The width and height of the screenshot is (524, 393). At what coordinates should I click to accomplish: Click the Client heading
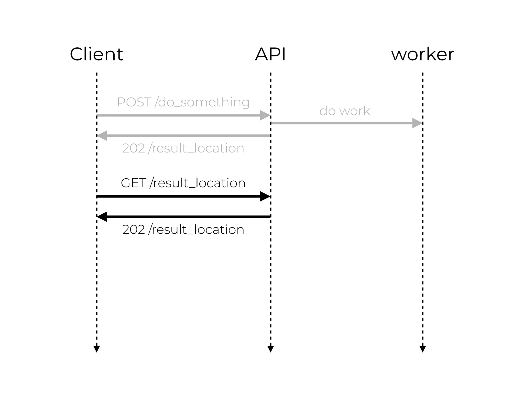tap(96, 54)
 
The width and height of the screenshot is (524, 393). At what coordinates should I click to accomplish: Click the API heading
tap(270, 54)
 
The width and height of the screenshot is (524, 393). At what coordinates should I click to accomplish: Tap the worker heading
tap(422, 54)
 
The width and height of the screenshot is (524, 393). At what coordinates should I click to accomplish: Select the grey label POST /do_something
tap(183, 102)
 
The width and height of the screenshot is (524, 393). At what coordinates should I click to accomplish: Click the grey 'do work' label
tap(345, 111)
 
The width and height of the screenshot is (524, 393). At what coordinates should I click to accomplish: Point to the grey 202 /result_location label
tap(183, 148)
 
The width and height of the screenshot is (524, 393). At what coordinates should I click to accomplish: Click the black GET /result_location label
tap(183, 183)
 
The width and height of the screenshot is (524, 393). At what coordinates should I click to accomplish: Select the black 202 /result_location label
tap(183, 230)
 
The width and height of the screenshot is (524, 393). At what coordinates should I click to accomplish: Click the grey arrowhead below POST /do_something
tap(265, 115)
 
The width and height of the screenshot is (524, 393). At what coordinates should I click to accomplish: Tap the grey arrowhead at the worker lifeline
tap(417, 123)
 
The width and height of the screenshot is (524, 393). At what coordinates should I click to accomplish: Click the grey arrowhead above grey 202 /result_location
tap(102, 136)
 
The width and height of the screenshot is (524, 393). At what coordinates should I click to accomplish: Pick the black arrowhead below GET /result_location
tap(265, 196)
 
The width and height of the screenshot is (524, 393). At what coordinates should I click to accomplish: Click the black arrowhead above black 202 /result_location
tap(102, 217)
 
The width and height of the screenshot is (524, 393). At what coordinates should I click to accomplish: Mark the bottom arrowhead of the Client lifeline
tap(96, 349)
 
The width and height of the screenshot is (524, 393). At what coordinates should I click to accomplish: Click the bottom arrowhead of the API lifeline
tap(270, 349)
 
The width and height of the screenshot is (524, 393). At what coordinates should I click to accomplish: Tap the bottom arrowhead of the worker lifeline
tap(422, 349)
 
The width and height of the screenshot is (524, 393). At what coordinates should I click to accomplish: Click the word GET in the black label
tap(133, 183)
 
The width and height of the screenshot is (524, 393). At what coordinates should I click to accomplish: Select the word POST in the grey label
tap(134, 102)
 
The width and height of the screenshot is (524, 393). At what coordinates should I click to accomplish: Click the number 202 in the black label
tap(134, 230)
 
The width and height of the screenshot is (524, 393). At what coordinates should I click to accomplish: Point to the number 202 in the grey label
tap(134, 148)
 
